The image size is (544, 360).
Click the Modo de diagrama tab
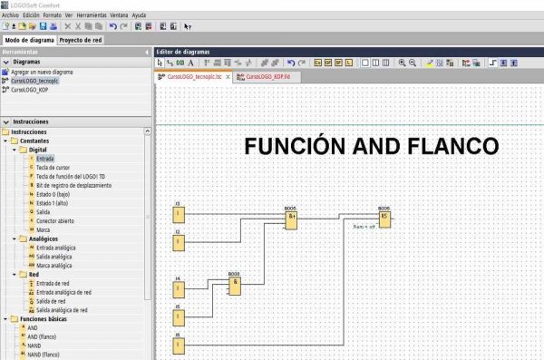tap(28, 40)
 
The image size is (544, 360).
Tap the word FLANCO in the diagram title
tap(454, 147)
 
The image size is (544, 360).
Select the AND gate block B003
tap(235, 286)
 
